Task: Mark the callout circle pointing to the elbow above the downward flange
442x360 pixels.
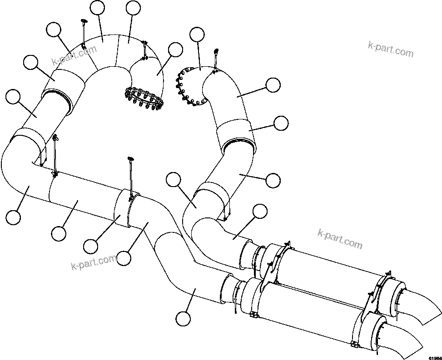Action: coord(174,50)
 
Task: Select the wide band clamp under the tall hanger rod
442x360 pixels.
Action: coord(121,208)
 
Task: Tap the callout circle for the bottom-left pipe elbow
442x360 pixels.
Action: coord(13,216)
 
